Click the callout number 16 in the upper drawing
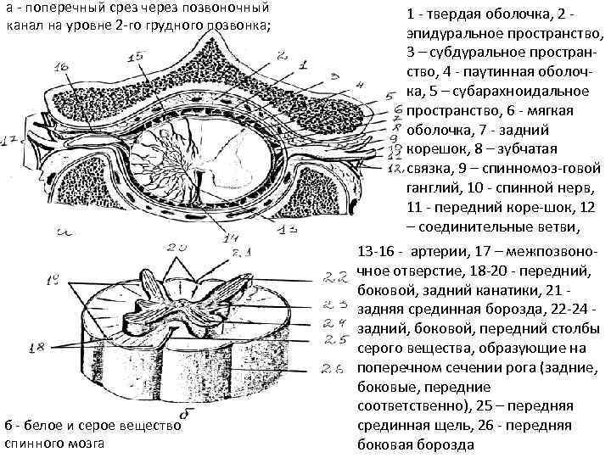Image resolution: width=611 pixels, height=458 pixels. click(x=60, y=67)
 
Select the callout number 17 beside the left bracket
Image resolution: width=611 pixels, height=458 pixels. click(x=11, y=141)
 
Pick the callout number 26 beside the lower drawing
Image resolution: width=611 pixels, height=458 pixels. click(x=334, y=368)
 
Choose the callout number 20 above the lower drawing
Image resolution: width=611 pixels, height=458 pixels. click(x=179, y=248)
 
